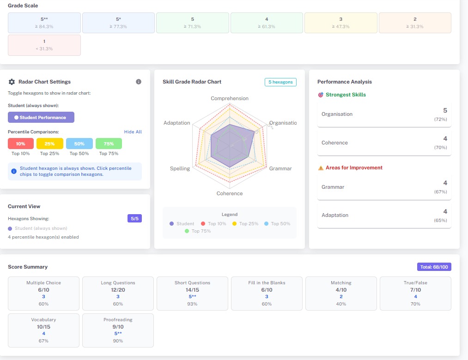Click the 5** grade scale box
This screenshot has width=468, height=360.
pos(44,23)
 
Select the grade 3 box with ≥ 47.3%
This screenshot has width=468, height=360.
pos(340,23)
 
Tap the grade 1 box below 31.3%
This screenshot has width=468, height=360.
pos(44,45)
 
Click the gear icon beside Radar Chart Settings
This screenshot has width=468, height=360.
pos(12,82)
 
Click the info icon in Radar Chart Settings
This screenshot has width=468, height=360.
pos(139,82)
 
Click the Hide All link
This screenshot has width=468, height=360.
pos(133,132)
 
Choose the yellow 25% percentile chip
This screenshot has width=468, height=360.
pos(49,144)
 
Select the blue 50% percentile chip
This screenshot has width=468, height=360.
pos(79,144)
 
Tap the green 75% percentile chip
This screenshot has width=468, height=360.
pos(109,144)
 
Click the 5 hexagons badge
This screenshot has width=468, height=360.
pos(280,82)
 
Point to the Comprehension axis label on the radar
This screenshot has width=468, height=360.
pos(230,98)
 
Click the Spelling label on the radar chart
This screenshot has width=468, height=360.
pos(180,168)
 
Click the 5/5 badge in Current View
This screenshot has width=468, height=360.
pos(134,218)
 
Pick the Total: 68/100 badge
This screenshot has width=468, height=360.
pos(434,267)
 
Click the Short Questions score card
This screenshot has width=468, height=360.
pos(192,293)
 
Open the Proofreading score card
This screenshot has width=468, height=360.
pos(118,330)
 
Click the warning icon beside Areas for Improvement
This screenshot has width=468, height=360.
pos(321,168)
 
